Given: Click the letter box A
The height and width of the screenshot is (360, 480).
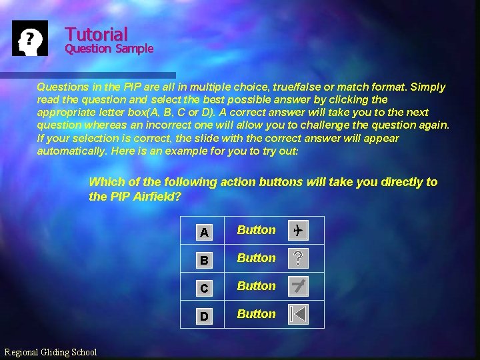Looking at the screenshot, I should [x=204, y=232].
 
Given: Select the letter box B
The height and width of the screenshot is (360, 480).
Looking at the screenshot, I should [x=204, y=260].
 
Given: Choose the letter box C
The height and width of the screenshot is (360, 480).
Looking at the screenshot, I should [x=204, y=288].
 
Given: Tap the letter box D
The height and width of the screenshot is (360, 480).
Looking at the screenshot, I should [x=204, y=316].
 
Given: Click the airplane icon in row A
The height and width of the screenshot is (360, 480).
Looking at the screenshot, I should [x=297, y=231].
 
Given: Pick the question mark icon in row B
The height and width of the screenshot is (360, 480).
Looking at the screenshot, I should [x=297, y=259].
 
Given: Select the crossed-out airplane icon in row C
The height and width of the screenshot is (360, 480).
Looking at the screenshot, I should [x=298, y=287].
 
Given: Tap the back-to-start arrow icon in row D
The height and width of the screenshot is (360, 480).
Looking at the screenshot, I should [x=298, y=314].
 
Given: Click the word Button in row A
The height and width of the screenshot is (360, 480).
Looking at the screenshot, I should [x=256, y=230].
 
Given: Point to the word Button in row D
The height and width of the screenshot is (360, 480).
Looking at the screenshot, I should [x=256, y=314].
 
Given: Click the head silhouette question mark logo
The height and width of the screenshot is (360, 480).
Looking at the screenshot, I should [x=31, y=38].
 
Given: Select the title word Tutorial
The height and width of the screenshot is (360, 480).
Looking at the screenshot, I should [x=96, y=34].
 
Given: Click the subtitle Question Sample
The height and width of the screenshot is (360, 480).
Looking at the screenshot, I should [x=109, y=49].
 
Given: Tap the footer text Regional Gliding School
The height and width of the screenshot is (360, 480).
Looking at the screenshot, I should [x=51, y=352].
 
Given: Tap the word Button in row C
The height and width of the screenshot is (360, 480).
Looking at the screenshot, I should [x=256, y=286].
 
